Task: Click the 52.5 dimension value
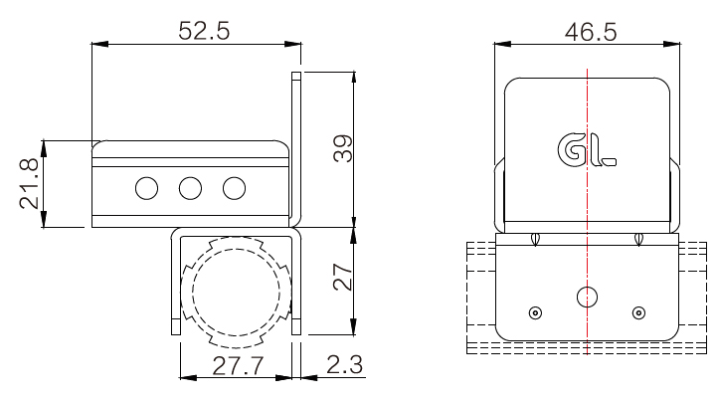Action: coord(204,31)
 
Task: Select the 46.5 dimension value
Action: coord(591,33)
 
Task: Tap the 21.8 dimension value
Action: coord(29,183)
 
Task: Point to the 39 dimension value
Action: coord(343,148)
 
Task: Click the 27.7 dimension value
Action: coord(239,365)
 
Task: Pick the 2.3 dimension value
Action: coord(344,364)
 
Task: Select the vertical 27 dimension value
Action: coord(343,277)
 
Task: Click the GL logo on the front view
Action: coord(587,149)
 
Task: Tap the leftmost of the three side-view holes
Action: coord(147,188)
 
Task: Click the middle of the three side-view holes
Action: coord(190,188)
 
